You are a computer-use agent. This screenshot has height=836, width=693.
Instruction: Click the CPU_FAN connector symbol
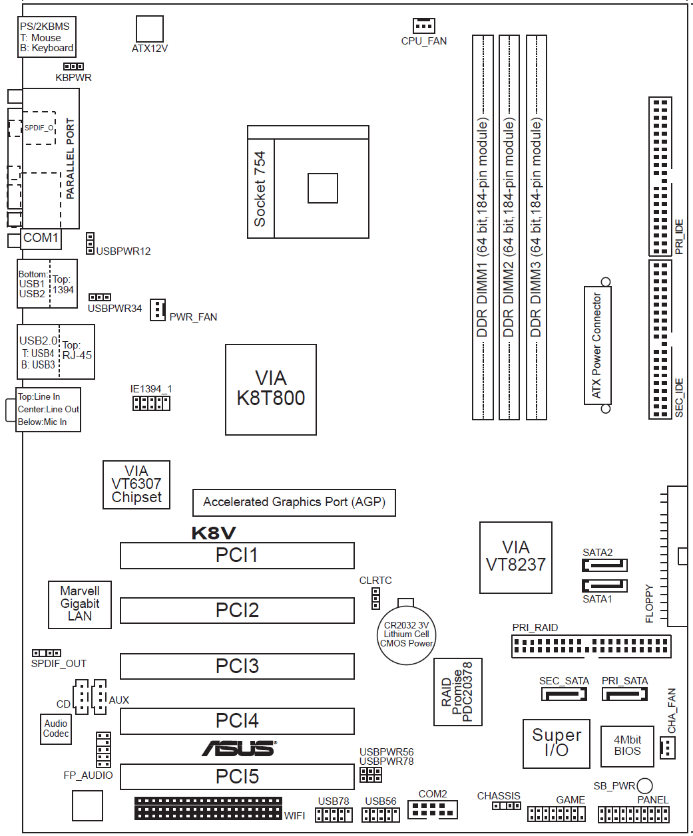423,25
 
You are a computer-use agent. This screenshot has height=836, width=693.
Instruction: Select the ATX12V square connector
149,29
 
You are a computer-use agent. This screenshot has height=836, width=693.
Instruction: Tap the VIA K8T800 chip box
270,389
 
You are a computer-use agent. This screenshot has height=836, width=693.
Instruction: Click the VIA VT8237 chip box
516,557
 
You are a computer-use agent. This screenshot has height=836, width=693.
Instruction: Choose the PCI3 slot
237,666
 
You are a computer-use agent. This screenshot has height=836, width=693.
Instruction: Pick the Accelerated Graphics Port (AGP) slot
294,502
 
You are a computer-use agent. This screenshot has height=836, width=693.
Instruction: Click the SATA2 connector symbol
604,565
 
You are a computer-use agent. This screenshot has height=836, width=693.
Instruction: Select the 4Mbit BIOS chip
627,745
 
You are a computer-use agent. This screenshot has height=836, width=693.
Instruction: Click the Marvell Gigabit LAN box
80,604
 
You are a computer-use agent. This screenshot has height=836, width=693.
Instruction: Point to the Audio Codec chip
56,729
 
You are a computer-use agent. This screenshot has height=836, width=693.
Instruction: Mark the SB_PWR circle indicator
644,785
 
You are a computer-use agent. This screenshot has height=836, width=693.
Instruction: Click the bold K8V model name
213,533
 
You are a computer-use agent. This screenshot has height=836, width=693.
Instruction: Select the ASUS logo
239,749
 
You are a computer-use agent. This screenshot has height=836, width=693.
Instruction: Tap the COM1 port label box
41,238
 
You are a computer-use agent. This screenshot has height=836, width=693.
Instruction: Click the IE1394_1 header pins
151,403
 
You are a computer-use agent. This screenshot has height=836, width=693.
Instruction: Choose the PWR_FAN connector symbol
158,309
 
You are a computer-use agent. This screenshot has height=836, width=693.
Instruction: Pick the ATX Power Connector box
597,345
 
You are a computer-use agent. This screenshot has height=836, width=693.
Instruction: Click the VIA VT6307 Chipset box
136,485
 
